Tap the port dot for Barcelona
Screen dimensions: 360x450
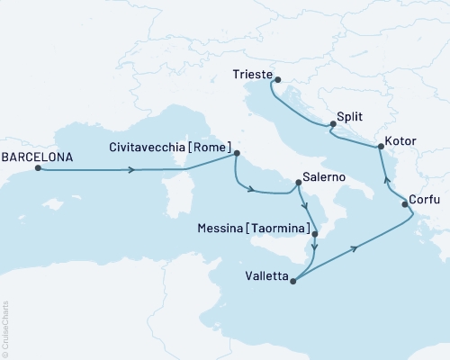(38, 168)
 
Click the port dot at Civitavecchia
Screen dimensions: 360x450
(237, 152)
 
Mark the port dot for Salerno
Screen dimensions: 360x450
(298, 184)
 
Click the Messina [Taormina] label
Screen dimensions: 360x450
(254, 229)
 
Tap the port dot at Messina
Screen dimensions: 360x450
(314, 234)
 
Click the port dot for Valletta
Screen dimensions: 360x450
(292, 279)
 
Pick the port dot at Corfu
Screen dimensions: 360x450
(405, 205)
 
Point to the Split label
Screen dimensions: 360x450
(350, 116)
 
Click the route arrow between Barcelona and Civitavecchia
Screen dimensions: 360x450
(133, 168)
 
